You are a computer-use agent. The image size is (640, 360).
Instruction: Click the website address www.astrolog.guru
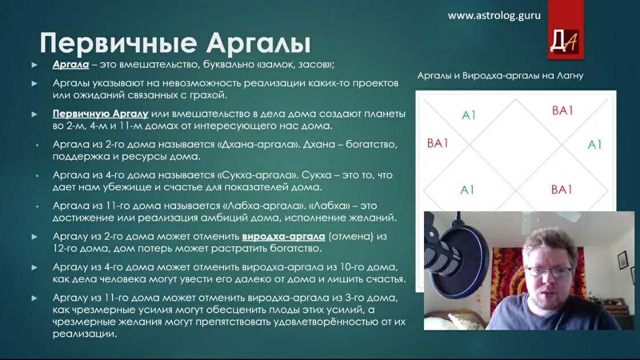[x=494, y=16]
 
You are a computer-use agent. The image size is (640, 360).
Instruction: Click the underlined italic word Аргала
[x=71, y=65]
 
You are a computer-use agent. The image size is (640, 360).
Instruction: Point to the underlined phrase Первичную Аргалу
[x=101, y=114]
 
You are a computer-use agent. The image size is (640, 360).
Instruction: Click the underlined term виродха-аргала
[x=283, y=237]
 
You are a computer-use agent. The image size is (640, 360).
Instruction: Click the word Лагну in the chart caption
[x=570, y=75]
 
